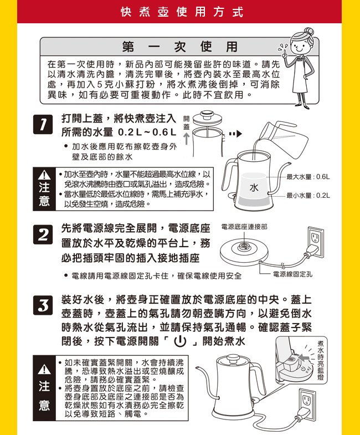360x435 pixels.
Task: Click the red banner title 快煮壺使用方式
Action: (x=182, y=12)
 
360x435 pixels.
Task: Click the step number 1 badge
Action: (x=43, y=125)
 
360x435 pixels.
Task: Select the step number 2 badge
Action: (x=43, y=235)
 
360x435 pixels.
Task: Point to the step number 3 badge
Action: (x=43, y=305)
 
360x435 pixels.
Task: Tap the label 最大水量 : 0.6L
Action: (x=308, y=177)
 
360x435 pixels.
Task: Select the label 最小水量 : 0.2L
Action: (x=308, y=196)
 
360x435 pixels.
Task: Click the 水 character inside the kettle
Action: (x=254, y=187)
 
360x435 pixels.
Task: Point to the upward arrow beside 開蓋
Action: (x=187, y=139)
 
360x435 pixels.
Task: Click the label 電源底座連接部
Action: (x=244, y=227)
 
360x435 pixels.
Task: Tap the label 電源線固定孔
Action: (x=293, y=274)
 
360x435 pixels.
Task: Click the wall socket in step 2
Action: (x=316, y=242)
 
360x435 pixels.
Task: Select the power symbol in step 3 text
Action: (x=179, y=341)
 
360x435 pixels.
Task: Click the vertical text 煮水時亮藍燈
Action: (x=321, y=360)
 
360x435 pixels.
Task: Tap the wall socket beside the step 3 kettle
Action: (x=307, y=404)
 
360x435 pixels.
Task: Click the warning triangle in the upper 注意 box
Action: (x=44, y=175)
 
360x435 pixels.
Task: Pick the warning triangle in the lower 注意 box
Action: (x=44, y=369)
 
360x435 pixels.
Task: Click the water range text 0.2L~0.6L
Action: (x=147, y=132)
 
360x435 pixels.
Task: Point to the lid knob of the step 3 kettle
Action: (x=233, y=358)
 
